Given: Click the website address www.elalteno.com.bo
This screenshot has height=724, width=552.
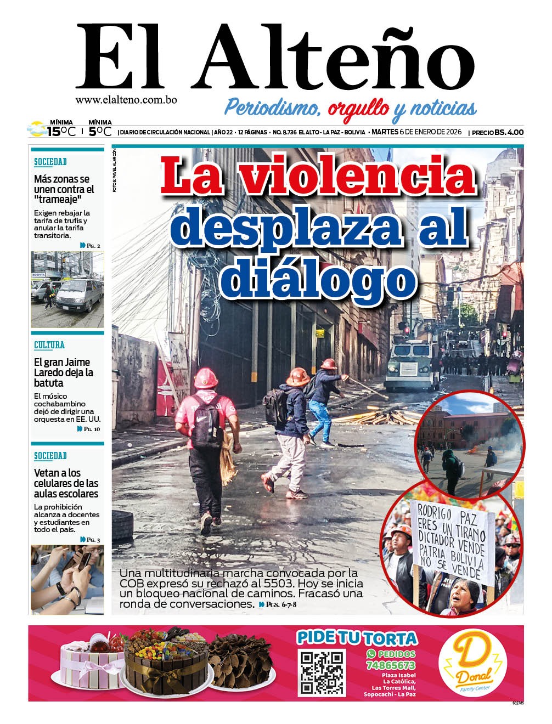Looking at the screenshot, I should click(126, 100).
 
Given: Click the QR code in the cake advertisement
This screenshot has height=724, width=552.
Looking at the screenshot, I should click(322, 672).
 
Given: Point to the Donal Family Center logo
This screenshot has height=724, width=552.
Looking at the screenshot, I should click(472, 663).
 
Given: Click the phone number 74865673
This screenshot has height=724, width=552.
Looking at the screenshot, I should click(390, 665).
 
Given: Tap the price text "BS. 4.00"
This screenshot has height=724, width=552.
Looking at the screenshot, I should click(509, 132).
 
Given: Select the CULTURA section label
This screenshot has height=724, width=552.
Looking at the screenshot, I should click(49, 345).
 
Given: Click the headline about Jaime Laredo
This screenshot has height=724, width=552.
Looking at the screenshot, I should click(63, 372).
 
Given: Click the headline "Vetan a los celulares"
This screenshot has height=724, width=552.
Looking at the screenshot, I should click(66, 483).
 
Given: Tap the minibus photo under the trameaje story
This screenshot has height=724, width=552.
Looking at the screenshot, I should click(67, 290).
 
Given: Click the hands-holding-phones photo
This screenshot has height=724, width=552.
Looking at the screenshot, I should click(67, 579).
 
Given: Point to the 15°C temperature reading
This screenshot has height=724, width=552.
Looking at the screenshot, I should click(61, 132).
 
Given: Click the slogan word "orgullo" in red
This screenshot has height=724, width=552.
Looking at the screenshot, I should click(359, 108).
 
